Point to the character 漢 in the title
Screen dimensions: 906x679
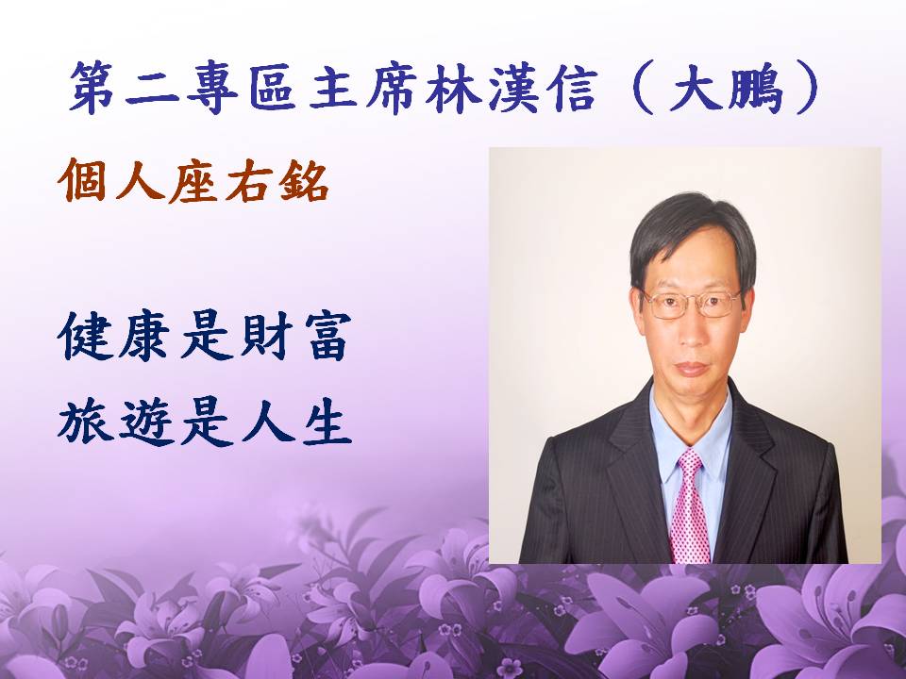(513, 87)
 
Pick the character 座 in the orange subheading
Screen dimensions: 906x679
(193, 181)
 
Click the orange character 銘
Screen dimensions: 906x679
(304, 181)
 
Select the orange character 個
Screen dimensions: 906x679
(82, 181)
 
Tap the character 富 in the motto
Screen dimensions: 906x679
(327, 337)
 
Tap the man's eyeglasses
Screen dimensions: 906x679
(692, 304)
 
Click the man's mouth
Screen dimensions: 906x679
(692, 369)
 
